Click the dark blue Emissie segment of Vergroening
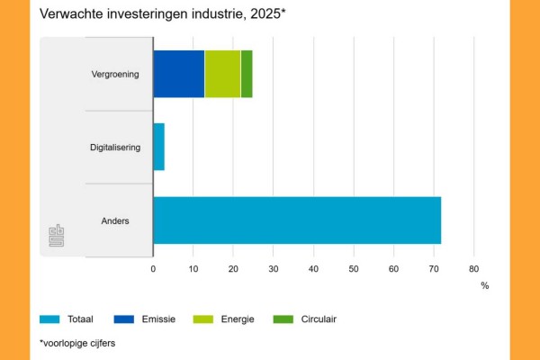pyautogui.click(x=178, y=74)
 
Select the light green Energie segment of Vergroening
pyautogui.click(x=222, y=74)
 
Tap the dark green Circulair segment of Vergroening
pyautogui.click(x=247, y=74)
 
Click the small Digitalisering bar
pyautogui.click(x=158, y=147)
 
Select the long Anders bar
pyautogui.click(x=297, y=220)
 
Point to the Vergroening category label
pyautogui.click(x=115, y=74)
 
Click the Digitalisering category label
pyautogui.click(x=115, y=147)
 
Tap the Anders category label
pyautogui.click(x=115, y=220)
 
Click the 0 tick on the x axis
pyautogui.click(x=153, y=268)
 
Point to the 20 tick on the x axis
pyautogui.click(x=233, y=268)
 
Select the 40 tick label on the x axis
pyautogui.click(x=313, y=268)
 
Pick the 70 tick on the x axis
pyautogui.click(x=434, y=268)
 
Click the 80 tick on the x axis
pyautogui.click(x=473, y=268)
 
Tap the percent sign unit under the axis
pyautogui.click(x=484, y=285)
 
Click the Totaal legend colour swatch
pyautogui.click(x=50, y=319)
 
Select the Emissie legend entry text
pyautogui.click(x=157, y=319)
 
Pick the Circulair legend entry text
pyautogui.click(x=317, y=319)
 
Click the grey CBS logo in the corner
pyautogui.click(x=56, y=236)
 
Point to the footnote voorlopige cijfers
pyautogui.click(x=77, y=343)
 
